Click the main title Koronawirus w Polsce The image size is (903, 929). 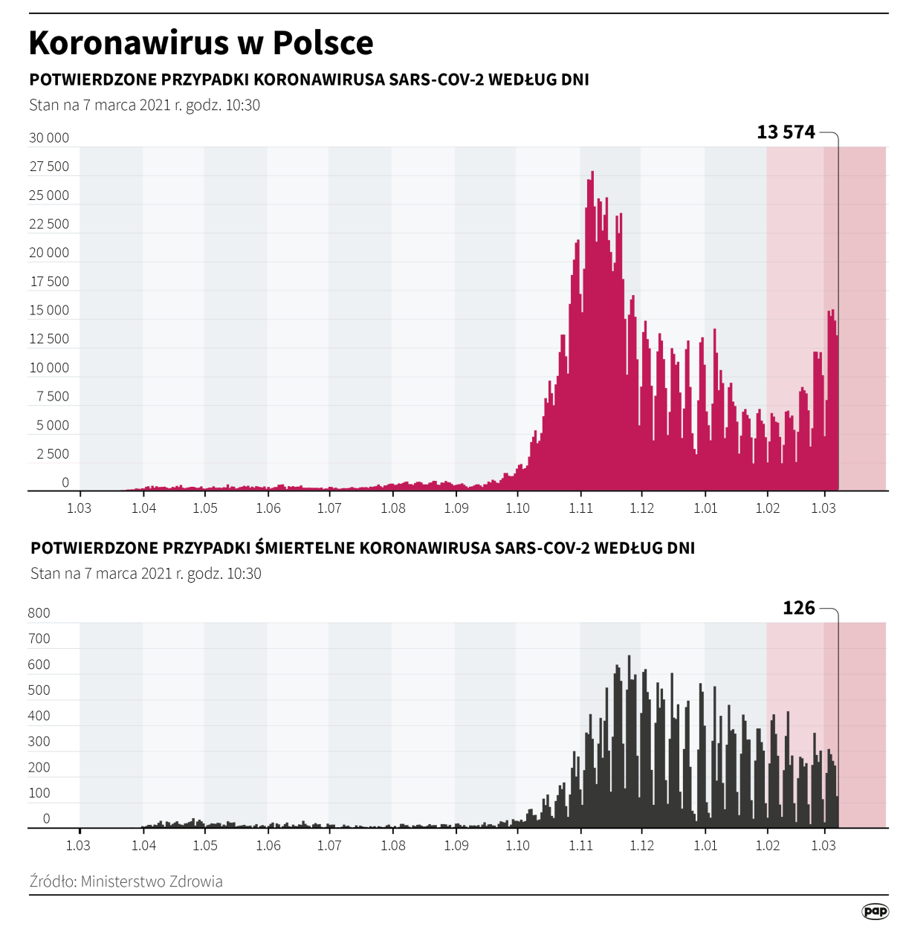pyautogui.click(x=201, y=43)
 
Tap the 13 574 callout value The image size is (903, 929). pyautogui.click(x=786, y=132)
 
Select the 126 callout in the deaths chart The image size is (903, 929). pyautogui.click(x=799, y=608)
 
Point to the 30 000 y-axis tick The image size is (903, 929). pyautogui.click(x=49, y=137)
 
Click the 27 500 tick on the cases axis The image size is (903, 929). pyautogui.click(x=49, y=166)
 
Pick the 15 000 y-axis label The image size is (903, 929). pyautogui.click(x=49, y=310)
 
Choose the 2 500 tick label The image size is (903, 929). pyautogui.click(x=52, y=453)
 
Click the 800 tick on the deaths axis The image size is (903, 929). pyautogui.click(x=39, y=613)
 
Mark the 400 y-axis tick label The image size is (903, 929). pyautogui.click(x=39, y=716)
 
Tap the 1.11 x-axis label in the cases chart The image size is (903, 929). pyautogui.click(x=580, y=508)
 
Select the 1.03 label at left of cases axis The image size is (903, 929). pyautogui.click(x=79, y=508)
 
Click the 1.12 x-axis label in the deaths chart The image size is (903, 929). pyautogui.click(x=641, y=846)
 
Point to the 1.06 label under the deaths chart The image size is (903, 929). pyautogui.click(x=268, y=846)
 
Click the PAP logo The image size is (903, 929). pyautogui.click(x=875, y=911)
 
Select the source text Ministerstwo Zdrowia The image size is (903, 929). pyautogui.click(x=152, y=881)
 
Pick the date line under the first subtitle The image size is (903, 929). pyautogui.click(x=144, y=105)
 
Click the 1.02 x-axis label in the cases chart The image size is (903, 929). pyautogui.click(x=768, y=508)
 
